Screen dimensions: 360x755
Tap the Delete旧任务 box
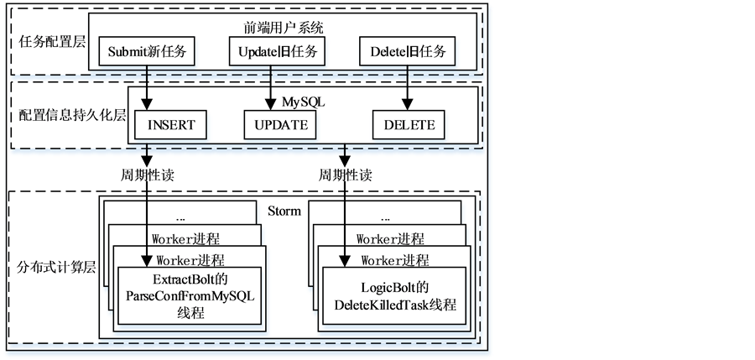tap(408, 52)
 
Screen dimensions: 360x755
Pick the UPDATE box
tap(281, 126)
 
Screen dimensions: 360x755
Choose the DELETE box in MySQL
tap(409, 126)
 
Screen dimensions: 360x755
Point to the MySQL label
tap(303, 102)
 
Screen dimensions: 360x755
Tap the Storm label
tap(284, 211)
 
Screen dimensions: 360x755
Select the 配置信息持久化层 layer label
tap(72, 115)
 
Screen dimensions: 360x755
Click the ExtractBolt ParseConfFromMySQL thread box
tap(190, 296)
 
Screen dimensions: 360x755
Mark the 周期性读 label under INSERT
tap(148, 176)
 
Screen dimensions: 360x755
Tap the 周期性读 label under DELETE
tap(345, 176)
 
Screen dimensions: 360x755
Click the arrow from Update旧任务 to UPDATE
tap(269, 87)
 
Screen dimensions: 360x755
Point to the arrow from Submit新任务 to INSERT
tap(148, 87)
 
